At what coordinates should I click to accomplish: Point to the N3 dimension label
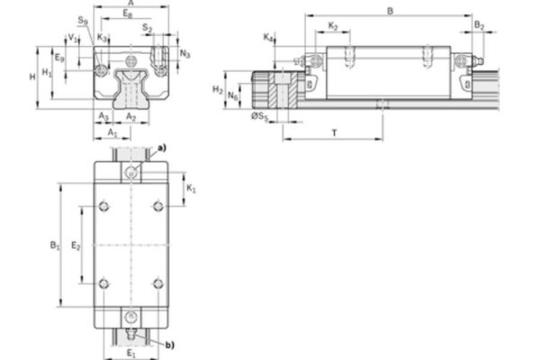coord(184,53)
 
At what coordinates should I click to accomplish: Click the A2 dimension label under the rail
coord(130,117)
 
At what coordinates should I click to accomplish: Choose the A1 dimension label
coord(112,133)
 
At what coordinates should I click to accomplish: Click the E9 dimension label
coord(58,58)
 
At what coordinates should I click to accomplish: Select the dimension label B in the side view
coord(389,11)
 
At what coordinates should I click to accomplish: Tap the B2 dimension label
coord(480,26)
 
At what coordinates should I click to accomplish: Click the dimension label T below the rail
coord(334,132)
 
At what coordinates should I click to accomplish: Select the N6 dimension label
coord(234,94)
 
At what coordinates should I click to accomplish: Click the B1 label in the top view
coord(53,245)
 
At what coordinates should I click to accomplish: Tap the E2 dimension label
coord(76,245)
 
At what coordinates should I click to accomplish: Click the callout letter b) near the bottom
coord(171,343)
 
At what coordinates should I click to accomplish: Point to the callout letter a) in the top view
coord(162,147)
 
